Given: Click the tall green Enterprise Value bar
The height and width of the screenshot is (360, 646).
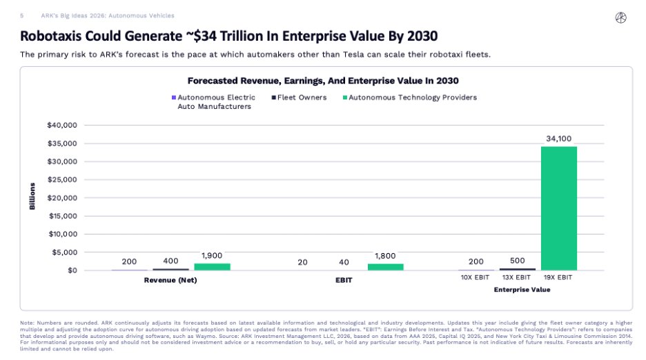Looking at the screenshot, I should coord(558,208).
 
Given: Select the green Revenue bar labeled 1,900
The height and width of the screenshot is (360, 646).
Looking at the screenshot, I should coord(212,266).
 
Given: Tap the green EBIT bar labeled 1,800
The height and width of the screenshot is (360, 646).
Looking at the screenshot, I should coord(385,266).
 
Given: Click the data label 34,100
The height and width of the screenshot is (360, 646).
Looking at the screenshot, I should coord(559,139).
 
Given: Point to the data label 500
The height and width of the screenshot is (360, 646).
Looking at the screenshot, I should coord(517,261).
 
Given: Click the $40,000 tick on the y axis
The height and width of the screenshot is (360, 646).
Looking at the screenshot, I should coord(62,125).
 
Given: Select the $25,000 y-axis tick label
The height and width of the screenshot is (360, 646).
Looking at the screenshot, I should coord(62,179).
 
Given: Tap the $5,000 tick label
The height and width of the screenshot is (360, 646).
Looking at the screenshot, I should coord(64,252).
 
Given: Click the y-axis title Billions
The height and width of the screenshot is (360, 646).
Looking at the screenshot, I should coord(32,197).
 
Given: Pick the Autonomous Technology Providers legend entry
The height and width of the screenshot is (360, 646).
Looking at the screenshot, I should coord(413,97).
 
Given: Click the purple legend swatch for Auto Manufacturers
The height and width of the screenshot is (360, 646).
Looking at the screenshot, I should coord(173,97).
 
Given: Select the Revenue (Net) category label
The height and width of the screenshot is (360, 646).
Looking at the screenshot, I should coord(170,280).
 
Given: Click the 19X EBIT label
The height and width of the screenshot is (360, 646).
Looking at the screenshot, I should coord(558,278).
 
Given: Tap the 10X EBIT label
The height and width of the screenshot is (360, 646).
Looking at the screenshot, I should coord(476,278).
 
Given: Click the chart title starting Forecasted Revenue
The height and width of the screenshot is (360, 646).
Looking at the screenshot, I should coord(323,81).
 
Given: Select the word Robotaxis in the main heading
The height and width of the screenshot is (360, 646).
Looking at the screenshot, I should coord(52,35).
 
